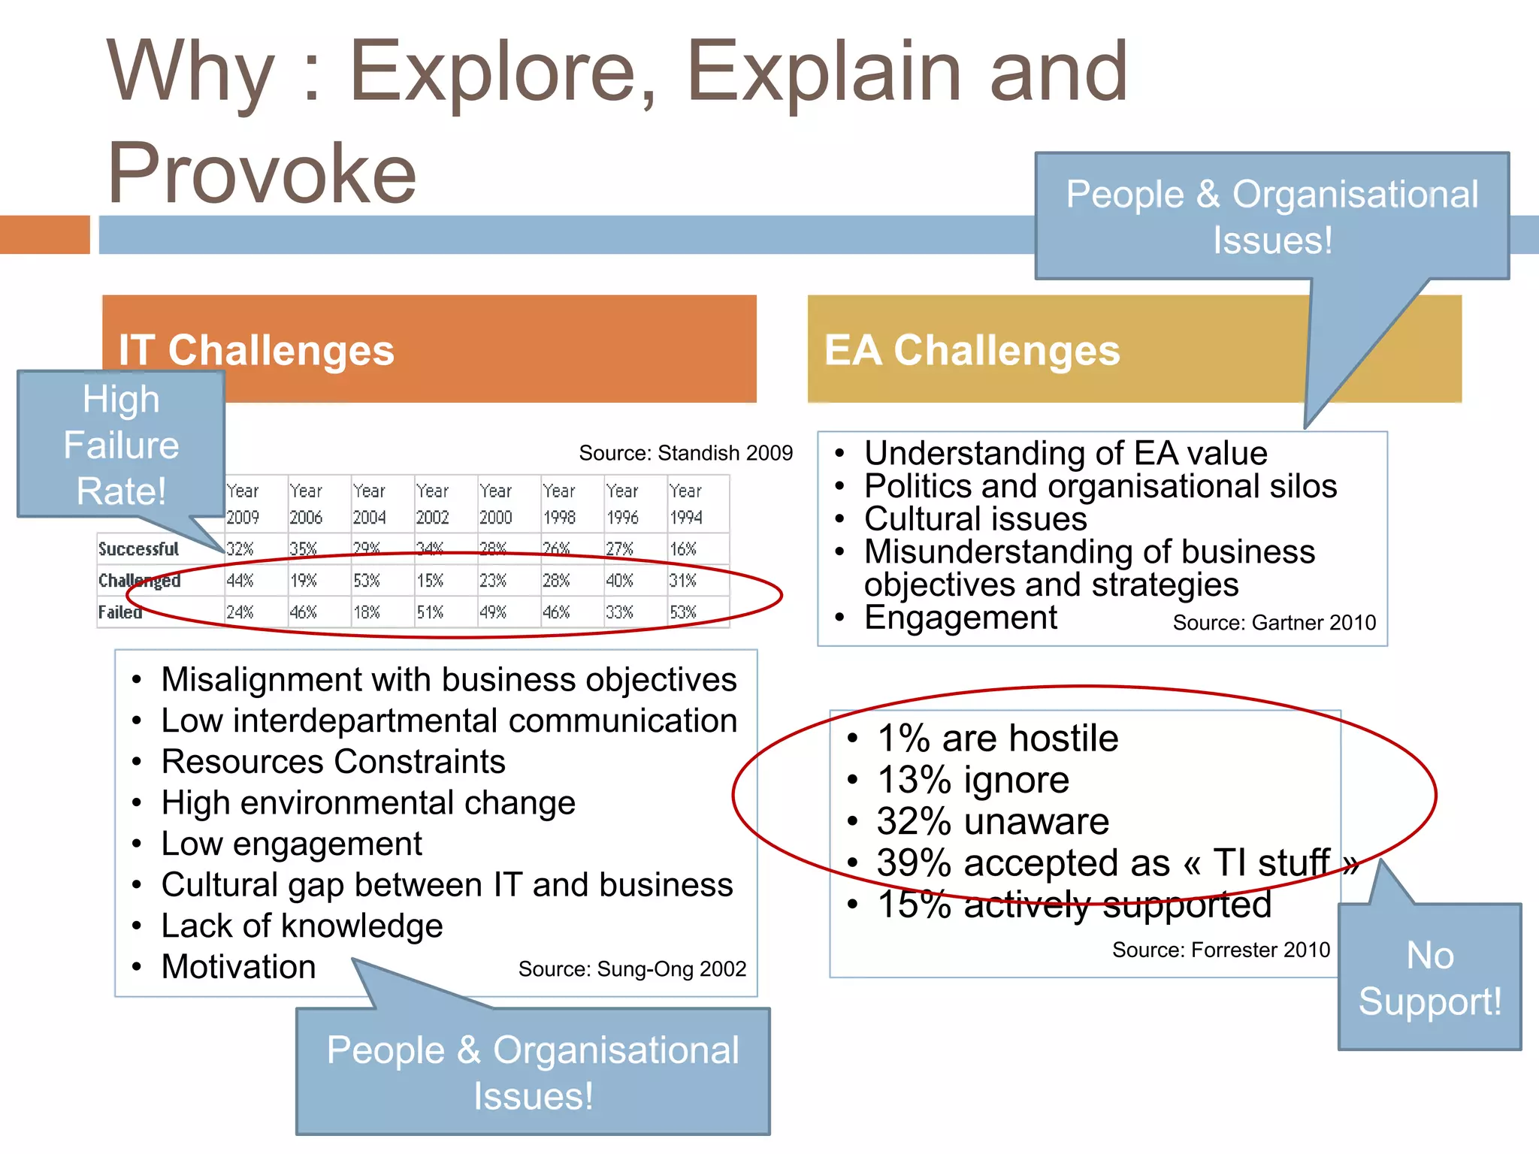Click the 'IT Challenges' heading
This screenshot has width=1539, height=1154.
(x=256, y=350)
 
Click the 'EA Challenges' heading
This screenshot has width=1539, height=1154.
(x=972, y=350)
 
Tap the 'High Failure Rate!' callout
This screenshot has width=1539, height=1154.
(x=121, y=445)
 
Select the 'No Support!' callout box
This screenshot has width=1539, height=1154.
(x=1429, y=978)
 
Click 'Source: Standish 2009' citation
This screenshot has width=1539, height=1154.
(x=685, y=453)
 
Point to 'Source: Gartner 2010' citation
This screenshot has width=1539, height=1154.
(x=1274, y=623)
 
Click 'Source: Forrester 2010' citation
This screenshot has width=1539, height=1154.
(x=1220, y=950)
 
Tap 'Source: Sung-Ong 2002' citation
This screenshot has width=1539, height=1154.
(x=632, y=969)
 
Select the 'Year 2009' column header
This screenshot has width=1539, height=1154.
(x=243, y=504)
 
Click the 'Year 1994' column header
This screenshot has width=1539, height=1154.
(x=685, y=504)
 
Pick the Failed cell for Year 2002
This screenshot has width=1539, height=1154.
(x=430, y=612)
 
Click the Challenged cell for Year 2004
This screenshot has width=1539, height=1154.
(x=367, y=581)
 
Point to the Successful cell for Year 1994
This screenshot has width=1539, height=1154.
(x=683, y=549)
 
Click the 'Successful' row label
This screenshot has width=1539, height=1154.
(x=139, y=549)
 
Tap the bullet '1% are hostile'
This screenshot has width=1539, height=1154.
(x=997, y=739)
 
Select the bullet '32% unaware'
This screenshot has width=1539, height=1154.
(x=993, y=821)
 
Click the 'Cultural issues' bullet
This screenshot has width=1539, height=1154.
(x=975, y=519)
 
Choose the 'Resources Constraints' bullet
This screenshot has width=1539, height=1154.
(x=334, y=762)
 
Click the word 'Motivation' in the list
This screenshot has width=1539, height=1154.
(x=239, y=967)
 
